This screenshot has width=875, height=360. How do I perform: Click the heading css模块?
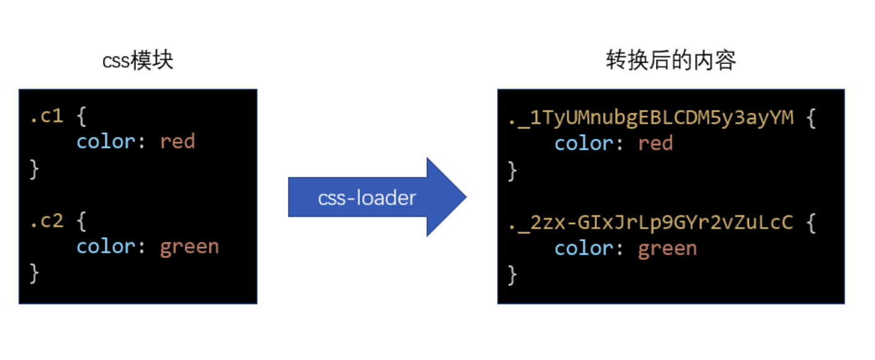pyautogui.click(x=138, y=61)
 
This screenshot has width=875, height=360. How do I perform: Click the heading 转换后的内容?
pyautogui.click(x=670, y=61)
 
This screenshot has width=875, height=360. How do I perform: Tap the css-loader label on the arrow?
pyautogui.click(x=367, y=198)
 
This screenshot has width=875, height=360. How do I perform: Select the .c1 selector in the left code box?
pyautogui.click(x=46, y=116)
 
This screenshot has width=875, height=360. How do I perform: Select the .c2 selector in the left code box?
pyautogui.click(x=46, y=220)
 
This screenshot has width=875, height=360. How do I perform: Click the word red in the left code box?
pyautogui.click(x=177, y=142)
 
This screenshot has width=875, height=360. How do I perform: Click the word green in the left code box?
pyautogui.click(x=189, y=246)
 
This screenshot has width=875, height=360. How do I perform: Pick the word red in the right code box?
pyautogui.click(x=655, y=143)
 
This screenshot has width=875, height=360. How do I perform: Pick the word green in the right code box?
pyautogui.click(x=667, y=248)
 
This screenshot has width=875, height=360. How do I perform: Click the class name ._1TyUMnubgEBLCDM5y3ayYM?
pyautogui.click(x=650, y=118)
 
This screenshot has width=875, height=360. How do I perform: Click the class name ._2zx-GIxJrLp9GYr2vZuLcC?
pyautogui.click(x=650, y=222)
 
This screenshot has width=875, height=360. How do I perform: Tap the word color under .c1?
pyautogui.click(x=105, y=142)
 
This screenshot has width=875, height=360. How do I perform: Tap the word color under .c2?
pyautogui.click(x=105, y=246)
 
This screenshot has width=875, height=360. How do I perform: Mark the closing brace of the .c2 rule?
pyautogui.click(x=34, y=272)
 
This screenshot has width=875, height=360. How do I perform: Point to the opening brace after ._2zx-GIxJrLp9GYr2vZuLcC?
pyautogui.click(x=809, y=222)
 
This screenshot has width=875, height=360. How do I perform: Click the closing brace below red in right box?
pyautogui.click(x=512, y=169)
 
